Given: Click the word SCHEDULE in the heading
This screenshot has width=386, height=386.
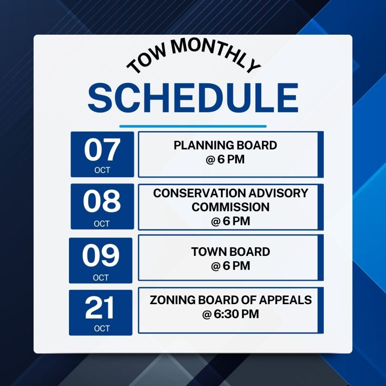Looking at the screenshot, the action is pyautogui.click(x=193, y=98).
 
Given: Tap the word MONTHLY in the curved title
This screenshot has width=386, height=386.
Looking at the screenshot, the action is pyautogui.click(x=214, y=53).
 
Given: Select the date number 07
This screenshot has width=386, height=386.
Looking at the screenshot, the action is pyautogui.click(x=102, y=149).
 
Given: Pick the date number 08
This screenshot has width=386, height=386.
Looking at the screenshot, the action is pyautogui.click(x=102, y=201).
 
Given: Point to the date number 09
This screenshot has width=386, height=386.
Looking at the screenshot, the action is pyautogui.click(x=101, y=255).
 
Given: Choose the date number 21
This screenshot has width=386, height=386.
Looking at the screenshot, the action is pyautogui.click(x=100, y=308).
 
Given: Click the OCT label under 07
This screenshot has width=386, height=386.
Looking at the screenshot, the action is pyautogui.click(x=102, y=170).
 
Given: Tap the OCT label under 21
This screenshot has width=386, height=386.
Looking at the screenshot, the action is pyautogui.click(x=102, y=328).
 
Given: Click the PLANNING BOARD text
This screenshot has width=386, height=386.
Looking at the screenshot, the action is pyautogui.click(x=225, y=145).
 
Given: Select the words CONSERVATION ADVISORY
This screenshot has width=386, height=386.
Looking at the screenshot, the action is pyautogui.click(x=230, y=193).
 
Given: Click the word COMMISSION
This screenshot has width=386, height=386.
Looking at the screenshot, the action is pyautogui.click(x=230, y=207).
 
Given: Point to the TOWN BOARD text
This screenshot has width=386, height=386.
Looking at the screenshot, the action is pyautogui.click(x=230, y=252).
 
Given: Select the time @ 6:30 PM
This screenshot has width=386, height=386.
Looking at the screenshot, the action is pyautogui.click(x=230, y=314).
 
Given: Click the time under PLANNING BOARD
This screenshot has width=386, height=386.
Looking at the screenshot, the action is pyautogui.click(x=225, y=159).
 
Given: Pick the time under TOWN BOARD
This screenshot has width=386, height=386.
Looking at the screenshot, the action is pyautogui.click(x=230, y=266).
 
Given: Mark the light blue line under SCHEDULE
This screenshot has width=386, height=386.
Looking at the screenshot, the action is pyautogui.click(x=193, y=126).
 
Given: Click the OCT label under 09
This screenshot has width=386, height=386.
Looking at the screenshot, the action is pyautogui.click(x=101, y=278).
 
